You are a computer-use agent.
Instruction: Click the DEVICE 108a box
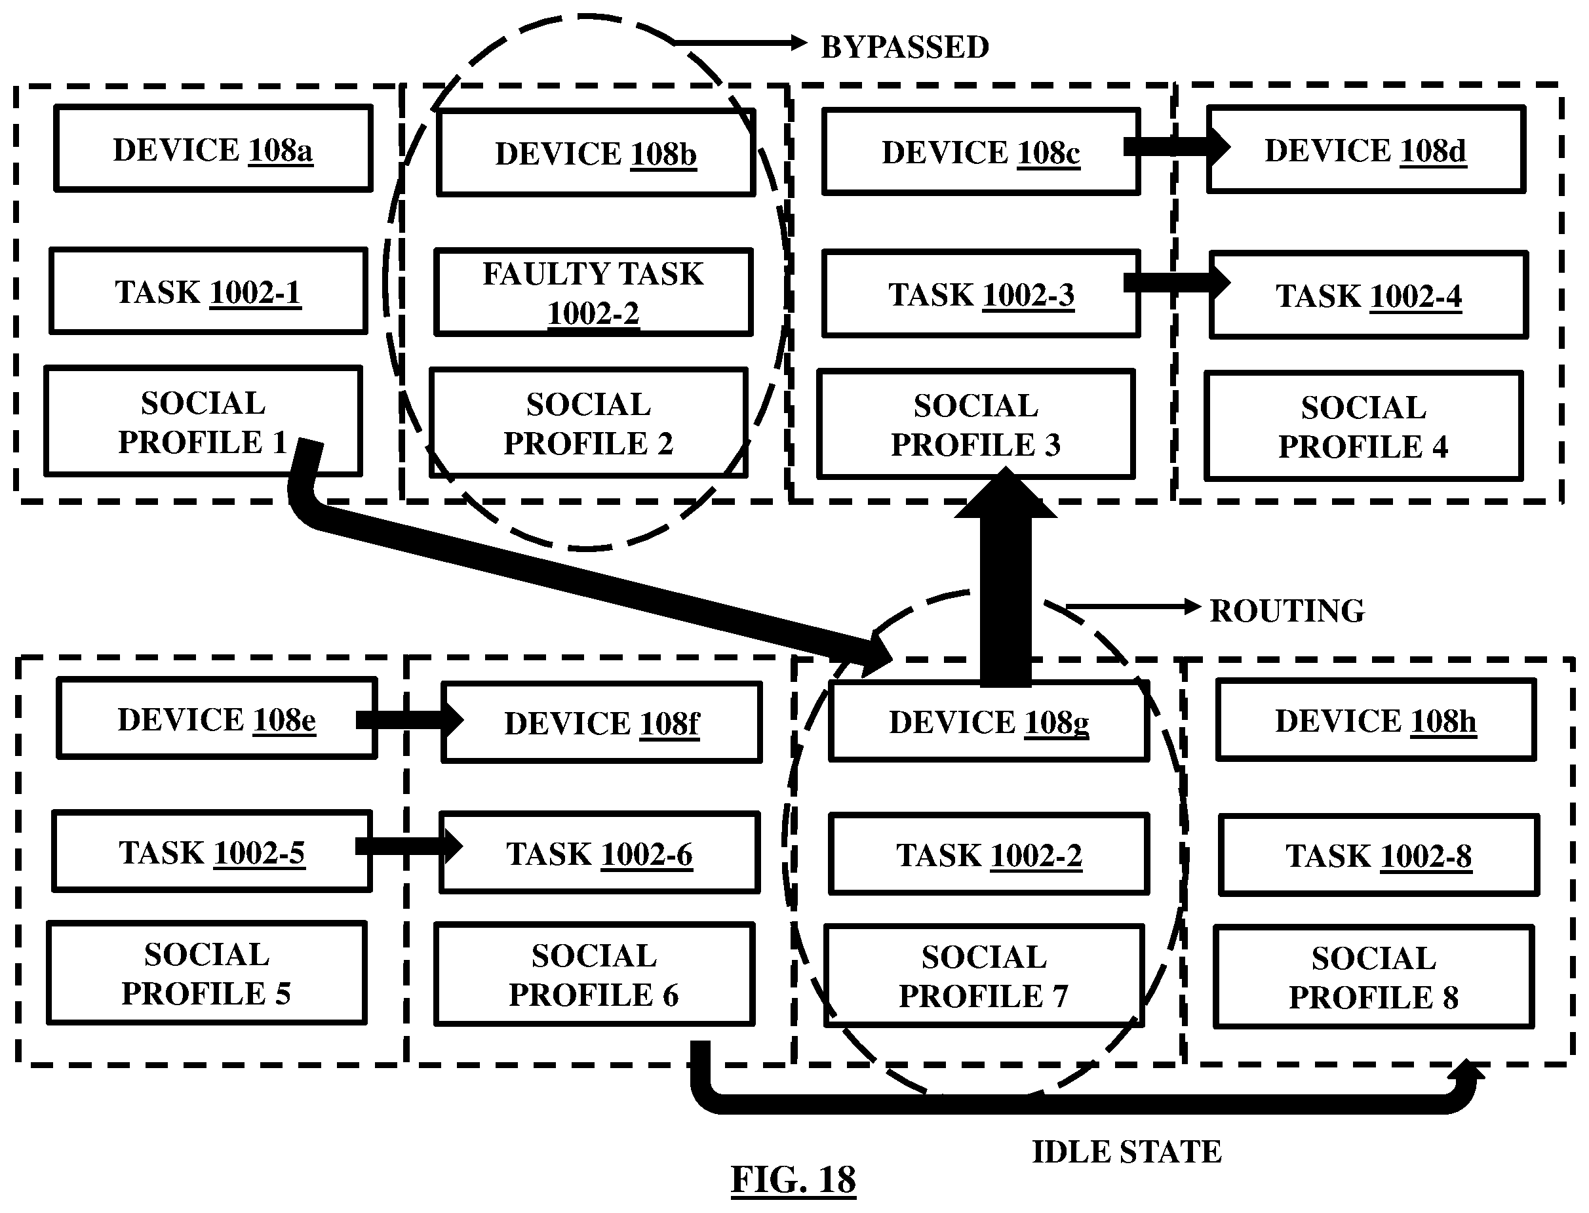tap(213, 149)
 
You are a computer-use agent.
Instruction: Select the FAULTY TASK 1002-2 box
tap(593, 292)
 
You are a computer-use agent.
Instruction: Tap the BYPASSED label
tap(905, 47)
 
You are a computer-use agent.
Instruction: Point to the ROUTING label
tap(1287, 611)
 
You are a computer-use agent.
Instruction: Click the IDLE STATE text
tap(1126, 1151)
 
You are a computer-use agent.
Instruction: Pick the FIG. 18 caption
tap(793, 1180)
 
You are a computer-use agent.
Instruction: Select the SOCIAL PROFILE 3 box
tap(975, 425)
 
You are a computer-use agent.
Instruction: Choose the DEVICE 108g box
tap(989, 722)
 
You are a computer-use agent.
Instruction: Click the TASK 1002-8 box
tap(1378, 856)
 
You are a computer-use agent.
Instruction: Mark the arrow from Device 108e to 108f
tap(408, 719)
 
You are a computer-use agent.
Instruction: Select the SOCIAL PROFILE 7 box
tap(983, 976)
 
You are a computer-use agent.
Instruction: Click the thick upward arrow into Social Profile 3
tap(1005, 578)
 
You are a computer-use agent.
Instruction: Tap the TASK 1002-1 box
tap(208, 292)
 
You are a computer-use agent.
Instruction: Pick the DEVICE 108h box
tap(1375, 721)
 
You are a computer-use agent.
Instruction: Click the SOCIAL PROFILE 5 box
tap(206, 973)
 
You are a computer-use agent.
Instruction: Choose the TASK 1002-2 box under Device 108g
tap(989, 855)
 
